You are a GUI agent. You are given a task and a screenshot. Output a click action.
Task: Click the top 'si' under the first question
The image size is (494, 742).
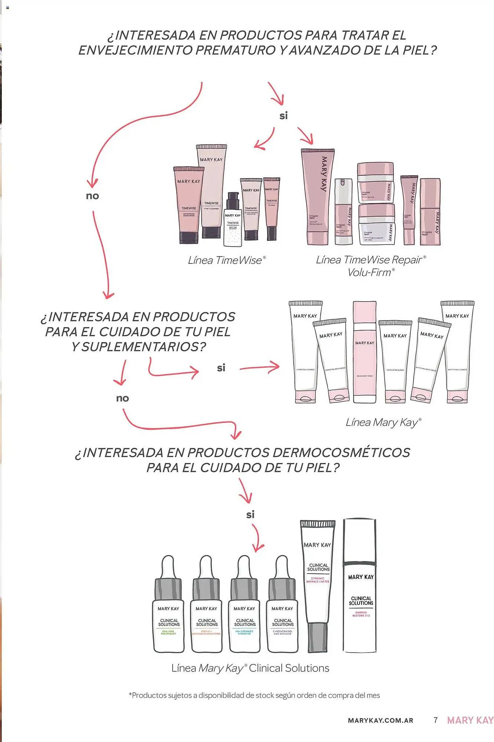click(284, 116)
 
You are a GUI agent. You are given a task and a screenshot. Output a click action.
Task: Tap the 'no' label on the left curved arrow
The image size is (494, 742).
click(92, 196)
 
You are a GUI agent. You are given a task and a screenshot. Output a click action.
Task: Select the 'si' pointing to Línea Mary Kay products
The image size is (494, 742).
click(221, 368)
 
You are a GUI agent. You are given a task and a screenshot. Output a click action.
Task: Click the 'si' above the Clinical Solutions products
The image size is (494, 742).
click(251, 515)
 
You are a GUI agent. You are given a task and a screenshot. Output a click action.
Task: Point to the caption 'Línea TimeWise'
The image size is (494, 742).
click(226, 260)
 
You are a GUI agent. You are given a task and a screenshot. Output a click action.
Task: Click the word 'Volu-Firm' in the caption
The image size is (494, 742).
click(370, 273)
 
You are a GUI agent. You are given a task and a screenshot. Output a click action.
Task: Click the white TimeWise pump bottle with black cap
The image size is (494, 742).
click(233, 221)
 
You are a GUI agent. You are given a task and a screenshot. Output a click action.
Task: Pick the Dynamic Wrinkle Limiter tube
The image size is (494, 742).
click(318, 586)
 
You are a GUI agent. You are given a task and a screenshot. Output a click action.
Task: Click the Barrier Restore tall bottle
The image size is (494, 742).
click(360, 586)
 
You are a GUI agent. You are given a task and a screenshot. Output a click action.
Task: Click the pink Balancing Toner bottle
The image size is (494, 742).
click(364, 352)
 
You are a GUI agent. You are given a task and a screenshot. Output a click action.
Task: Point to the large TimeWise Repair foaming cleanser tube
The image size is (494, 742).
click(318, 197)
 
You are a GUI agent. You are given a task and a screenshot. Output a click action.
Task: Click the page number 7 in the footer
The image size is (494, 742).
click(436, 720)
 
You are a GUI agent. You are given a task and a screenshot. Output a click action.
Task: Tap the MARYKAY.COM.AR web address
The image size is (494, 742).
click(380, 720)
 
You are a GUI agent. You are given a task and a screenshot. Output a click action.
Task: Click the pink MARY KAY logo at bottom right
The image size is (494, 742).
click(470, 720)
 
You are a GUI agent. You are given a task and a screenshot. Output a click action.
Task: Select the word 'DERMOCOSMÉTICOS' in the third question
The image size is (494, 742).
click(341, 453)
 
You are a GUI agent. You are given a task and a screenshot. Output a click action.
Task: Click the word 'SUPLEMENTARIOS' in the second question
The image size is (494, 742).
click(143, 347)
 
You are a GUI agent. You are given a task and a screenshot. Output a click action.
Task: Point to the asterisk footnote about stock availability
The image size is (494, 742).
click(254, 695)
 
